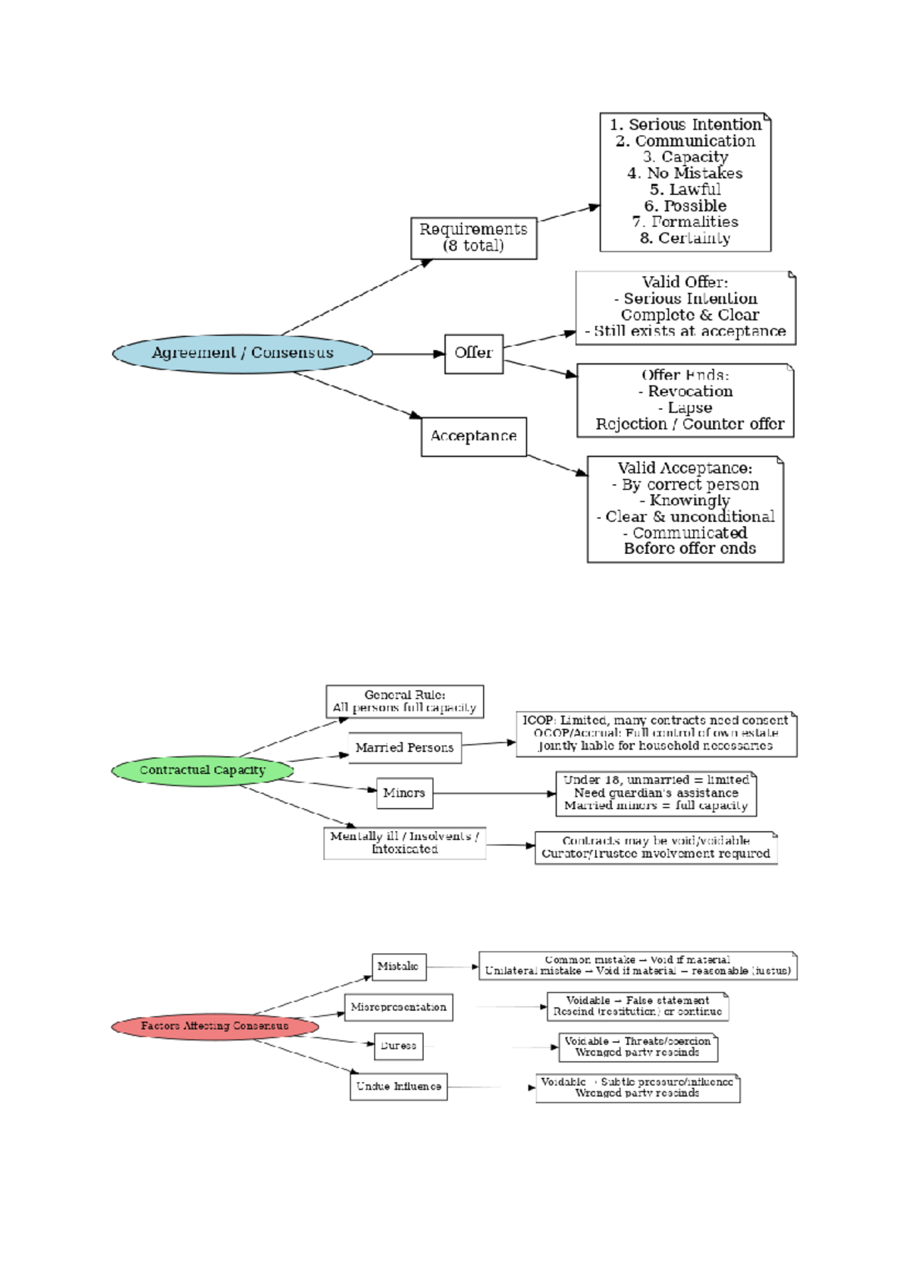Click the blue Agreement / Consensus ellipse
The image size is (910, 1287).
pos(243,354)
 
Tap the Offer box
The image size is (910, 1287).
pos(474,354)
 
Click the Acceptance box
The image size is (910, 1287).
pos(474,436)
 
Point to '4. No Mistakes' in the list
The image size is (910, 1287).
pos(685,173)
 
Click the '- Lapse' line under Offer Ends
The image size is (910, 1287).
pos(685,407)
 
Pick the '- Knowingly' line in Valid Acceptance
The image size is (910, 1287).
pos(685,500)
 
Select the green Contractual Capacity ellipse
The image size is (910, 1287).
pos(202,770)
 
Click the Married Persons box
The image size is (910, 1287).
pos(405,747)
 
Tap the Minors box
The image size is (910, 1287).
pos(404,793)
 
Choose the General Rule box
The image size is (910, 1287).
pos(405,701)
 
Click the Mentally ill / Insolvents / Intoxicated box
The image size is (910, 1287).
pos(405,842)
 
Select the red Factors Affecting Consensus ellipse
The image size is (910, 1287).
pos(215,1026)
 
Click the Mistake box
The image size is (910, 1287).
pos(398,967)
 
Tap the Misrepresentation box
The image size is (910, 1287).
pos(399,1007)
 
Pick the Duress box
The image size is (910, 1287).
pos(398,1046)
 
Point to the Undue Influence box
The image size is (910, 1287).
pos(398,1086)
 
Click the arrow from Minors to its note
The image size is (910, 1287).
pos(493,794)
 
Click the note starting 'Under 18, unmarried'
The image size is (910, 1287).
pos(656,793)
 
